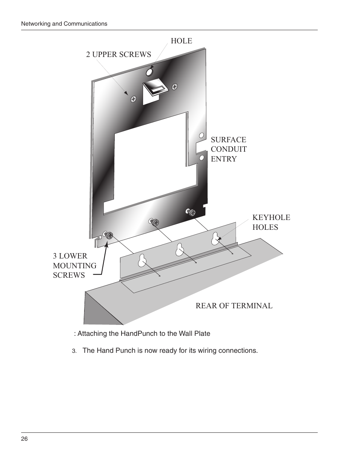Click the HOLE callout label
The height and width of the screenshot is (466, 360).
click(x=182, y=41)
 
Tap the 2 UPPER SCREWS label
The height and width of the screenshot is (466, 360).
click(x=118, y=54)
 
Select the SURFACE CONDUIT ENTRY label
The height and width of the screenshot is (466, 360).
click(x=229, y=149)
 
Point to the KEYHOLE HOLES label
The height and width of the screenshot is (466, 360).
click(x=271, y=222)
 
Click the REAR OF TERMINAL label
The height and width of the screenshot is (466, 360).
click(x=234, y=306)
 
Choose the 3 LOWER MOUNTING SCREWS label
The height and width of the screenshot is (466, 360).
click(x=75, y=266)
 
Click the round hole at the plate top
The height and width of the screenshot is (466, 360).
click(x=149, y=72)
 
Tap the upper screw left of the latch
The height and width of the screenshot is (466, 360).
click(x=133, y=99)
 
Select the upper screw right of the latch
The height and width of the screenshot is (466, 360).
click(x=175, y=87)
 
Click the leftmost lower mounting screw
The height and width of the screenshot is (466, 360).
click(x=109, y=236)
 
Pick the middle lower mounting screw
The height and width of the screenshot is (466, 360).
click(x=155, y=223)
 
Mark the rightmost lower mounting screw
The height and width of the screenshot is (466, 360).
click(x=192, y=213)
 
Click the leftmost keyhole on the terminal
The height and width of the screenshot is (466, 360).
click(x=142, y=260)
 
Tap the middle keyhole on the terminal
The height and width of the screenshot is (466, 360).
click(x=180, y=249)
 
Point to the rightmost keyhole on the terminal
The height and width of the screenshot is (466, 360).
click(x=215, y=238)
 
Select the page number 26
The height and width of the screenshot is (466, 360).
click(x=24, y=439)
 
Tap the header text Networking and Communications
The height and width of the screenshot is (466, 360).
click(x=64, y=24)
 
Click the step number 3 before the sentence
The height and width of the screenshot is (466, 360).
click(x=74, y=351)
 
